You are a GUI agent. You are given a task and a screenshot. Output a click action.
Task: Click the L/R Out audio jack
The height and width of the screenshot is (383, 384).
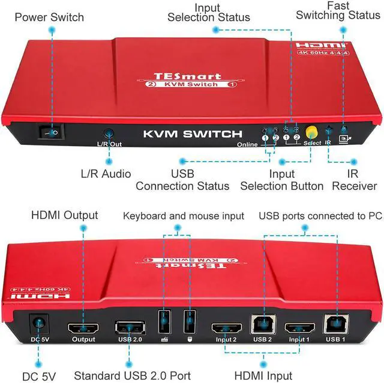pyautogui.click(x=109, y=135)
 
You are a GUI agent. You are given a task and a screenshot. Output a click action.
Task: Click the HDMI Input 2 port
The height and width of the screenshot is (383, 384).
pyautogui.click(x=226, y=329)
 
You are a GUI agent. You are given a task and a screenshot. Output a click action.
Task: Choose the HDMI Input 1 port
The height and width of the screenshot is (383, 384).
pyautogui.click(x=300, y=329)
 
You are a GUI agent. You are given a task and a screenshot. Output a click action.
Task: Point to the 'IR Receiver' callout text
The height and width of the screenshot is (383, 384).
pyautogui.click(x=353, y=179)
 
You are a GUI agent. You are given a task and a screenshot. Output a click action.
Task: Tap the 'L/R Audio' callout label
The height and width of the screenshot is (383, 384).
pyautogui.click(x=106, y=174)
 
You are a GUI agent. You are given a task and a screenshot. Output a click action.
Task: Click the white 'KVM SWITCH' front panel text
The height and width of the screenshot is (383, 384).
pyautogui.click(x=193, y=134)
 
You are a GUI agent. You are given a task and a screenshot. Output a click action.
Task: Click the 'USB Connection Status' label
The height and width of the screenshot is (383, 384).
pyautogui.click(x=182, y=179)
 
